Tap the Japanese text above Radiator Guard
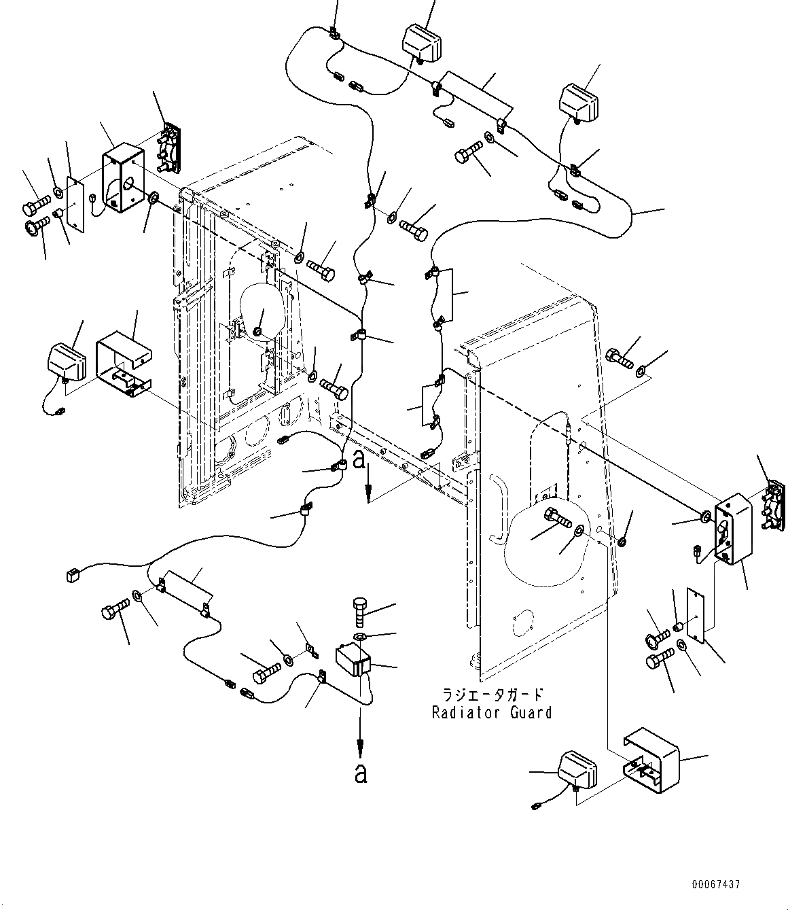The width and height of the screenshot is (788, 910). tap(492, 695)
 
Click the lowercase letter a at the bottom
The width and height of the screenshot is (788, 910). tap(361, 773)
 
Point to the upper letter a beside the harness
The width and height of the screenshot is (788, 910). tap(359, 460)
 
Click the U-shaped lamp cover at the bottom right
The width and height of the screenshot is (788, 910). tap(651, 760)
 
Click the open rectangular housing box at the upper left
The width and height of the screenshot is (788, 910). tap(123, 177)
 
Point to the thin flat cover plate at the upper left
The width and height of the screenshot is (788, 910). tap(75, 205)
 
